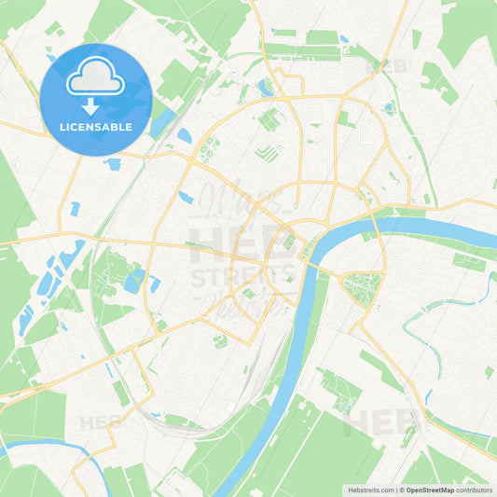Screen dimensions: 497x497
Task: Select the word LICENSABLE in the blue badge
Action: coord(96,126)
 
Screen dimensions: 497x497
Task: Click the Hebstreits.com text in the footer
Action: coord(368,489)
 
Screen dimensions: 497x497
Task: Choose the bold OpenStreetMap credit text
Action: coord(433,489)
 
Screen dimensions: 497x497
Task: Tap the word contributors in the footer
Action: coord(476,489)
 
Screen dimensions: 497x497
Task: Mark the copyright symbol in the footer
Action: coord(402,489)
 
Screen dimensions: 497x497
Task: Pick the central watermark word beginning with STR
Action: coord(244,276)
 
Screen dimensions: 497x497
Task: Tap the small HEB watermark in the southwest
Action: coord(101,421)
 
